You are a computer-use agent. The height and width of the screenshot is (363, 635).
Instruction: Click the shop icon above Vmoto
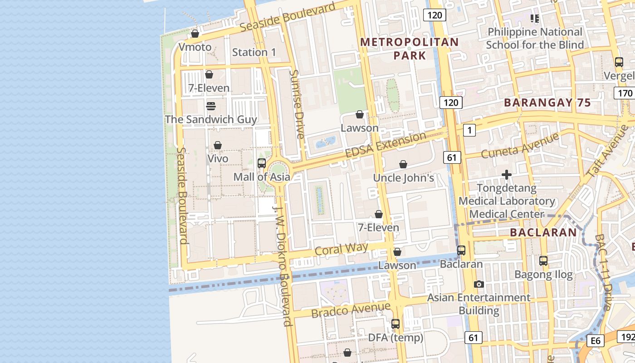tap(195, 34)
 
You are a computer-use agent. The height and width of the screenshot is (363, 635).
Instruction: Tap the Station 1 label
tap(254, 52)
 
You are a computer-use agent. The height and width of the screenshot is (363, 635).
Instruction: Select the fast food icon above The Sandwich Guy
tap(211, 106)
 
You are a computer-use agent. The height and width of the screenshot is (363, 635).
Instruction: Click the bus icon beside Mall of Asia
tap(262, 163)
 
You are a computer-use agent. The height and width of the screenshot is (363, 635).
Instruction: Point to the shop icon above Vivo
tap(218, 145)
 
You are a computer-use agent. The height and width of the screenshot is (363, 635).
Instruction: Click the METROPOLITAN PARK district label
tap(409, 49)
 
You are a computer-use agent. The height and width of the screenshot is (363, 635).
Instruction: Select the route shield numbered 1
tap(469, 131)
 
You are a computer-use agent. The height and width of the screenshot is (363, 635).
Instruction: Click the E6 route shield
tap(595, 341)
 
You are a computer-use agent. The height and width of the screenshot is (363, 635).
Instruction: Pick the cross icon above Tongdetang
tap(507, 174)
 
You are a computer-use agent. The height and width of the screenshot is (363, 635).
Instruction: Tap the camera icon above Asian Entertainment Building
tap(479, 285)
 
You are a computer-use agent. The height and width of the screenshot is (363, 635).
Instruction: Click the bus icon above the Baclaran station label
tap(461, 250)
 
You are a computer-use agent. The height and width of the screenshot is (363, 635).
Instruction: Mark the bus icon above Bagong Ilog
tap(543, 261)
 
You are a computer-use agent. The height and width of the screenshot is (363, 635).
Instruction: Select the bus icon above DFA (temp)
tap(396, 324)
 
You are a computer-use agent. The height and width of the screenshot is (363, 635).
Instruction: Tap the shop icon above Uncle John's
tap(403, 164)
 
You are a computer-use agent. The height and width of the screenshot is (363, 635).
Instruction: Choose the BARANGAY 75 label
tap(547, 103)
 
